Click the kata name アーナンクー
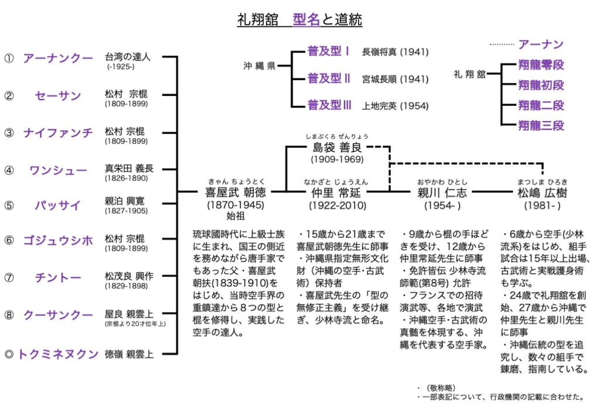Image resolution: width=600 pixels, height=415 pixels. tap(57, 58)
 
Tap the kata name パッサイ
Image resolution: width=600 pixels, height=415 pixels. tap(57, 206)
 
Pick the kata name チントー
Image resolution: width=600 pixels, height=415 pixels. tap(57, 277)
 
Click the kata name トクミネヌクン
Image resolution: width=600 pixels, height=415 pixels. tap(57, 354)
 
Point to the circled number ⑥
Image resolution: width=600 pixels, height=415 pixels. tap(8, 241)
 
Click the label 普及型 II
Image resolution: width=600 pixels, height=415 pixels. tap(329, 78)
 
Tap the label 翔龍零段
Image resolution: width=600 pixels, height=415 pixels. tap(541, 64)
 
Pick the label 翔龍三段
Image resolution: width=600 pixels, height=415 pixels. tap(541, 125)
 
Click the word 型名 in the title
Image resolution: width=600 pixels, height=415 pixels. tap(306, 20)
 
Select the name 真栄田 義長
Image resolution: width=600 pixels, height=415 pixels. tap(129, 169)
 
